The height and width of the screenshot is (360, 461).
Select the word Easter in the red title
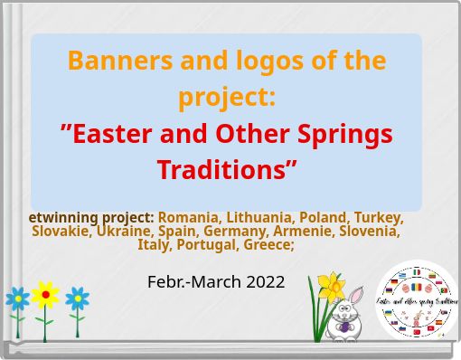[110, 134]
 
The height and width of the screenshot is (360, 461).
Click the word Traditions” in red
[227, 169]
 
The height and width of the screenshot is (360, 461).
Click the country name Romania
[188, 217]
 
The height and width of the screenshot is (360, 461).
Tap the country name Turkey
[378, 217]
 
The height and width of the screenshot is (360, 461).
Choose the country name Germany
[233, 231]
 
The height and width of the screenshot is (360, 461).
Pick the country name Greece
[268, 244]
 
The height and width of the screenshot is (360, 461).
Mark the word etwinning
[64, 217]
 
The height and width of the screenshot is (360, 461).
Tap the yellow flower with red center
[45, 295]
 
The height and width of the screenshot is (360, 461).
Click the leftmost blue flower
[17, 298]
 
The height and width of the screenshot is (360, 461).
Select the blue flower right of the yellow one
[78, 298]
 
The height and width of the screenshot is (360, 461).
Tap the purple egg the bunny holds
[343, 320]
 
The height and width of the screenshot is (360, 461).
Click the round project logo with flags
[417, 301]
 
